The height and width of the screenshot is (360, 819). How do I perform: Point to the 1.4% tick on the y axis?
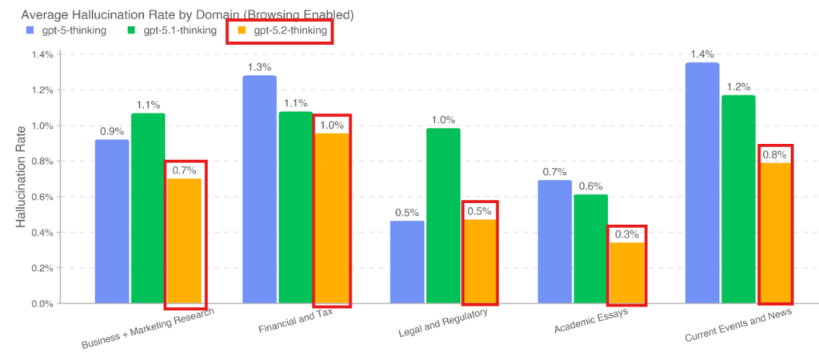click(x=42, y=54)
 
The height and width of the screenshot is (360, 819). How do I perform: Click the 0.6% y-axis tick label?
click(x=42, y=197)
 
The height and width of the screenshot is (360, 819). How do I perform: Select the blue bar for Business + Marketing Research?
click(x=112, y=222)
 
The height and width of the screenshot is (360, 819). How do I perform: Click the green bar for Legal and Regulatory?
click(x=442, y=216)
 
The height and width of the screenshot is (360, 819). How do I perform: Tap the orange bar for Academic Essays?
click(x=627, y=273)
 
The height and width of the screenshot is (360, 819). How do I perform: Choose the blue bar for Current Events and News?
click(x=701, y=183)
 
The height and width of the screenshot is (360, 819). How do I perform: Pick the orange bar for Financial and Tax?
click(x=332, y=218)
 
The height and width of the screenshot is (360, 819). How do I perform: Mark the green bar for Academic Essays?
click(x=590, y=249)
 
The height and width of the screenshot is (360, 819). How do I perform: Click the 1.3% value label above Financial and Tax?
click(x=258, y=67)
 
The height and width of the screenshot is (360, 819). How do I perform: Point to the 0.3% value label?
click(x=627, y=234)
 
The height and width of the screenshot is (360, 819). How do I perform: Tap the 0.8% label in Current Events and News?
click(x=774, y=154)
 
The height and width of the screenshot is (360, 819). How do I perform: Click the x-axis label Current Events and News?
click(x=737, y=326)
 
